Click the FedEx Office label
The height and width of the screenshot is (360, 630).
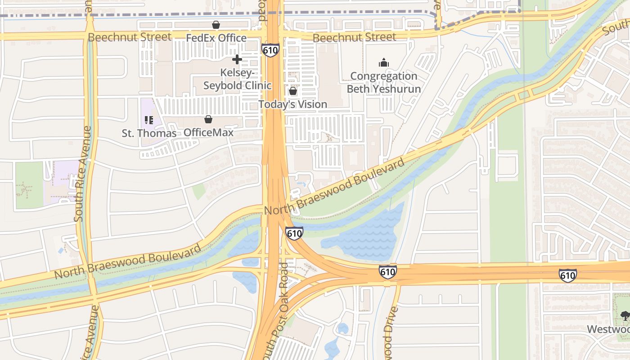(x=216, y=38)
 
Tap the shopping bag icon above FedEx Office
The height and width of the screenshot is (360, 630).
(x=216, y=25)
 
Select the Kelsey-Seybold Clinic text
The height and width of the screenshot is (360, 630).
(x=238, y=79)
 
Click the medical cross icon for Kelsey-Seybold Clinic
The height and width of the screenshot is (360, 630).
(x=237, y=59)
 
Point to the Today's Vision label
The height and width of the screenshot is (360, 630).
(x=293, y=104)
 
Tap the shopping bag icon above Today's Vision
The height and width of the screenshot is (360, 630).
(x=293, y=91)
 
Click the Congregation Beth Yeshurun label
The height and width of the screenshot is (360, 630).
(x=384, y=82)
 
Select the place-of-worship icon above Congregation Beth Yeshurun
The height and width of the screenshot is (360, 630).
(x=383, y=62)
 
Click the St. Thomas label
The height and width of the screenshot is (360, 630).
(x=149, y=133)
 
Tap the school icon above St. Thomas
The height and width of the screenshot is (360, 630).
(x=149, y=120)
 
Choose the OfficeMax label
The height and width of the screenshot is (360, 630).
(x=208, y=133)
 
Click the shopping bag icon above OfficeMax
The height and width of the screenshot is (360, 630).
(x=208, y=119)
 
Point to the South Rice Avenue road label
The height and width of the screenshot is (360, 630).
(x=84, y=174)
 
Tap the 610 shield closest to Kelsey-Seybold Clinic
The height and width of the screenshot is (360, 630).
(x=270, y=50)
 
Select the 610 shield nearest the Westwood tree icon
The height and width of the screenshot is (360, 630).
(x=568, y=275)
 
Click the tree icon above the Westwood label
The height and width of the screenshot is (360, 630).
(x=625, y=316)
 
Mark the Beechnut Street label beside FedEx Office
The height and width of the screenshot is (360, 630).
(x=130, y=37)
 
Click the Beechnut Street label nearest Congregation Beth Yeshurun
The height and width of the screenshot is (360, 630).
(x=355, y=38)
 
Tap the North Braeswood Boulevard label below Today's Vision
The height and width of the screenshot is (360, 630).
(x=335, y=188)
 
